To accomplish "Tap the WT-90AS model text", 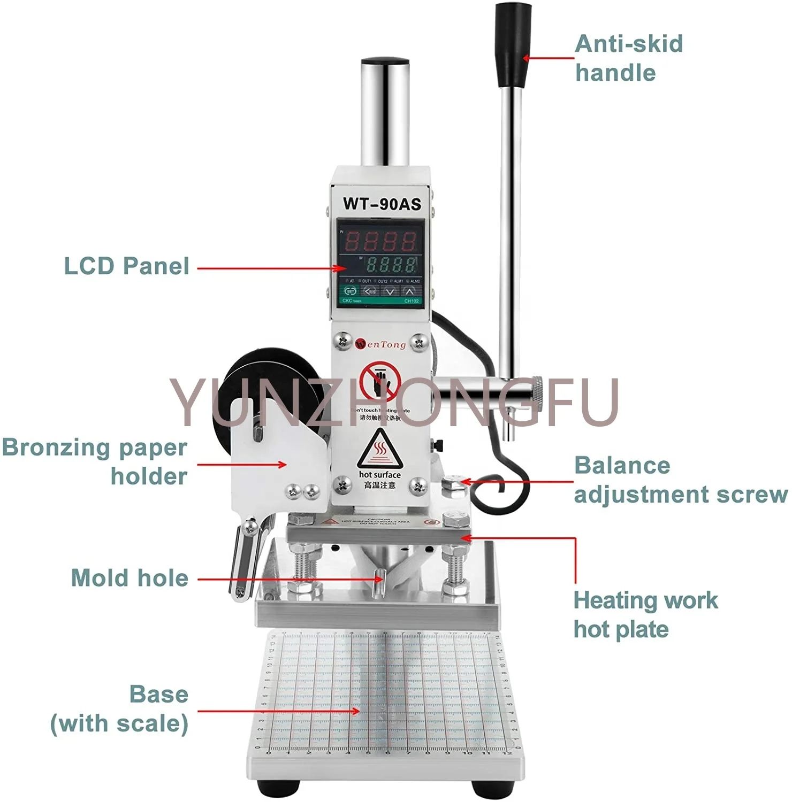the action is pyautogui.click(x=382, y=204).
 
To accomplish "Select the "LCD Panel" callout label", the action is pyautogui.click(x=127, y=266).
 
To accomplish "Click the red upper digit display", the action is pyautogui.click(x=380, y=242).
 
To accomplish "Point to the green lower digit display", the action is pyautogui.click(x=391, y=264).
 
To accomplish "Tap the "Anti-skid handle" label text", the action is pyautogui.click(x=628, y=58).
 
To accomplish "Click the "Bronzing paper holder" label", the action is pyautogui.click(x=95, y=461).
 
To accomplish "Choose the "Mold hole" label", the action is pyautogui.click(x=130, y=579).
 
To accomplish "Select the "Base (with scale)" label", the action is pyautogui.click(x=120, y=709).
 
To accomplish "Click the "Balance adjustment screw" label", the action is pyautogui.click(x=680, y=480).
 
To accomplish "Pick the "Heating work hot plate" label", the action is pyautogui.click(x=645, y=615).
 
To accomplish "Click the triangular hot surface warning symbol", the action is pyautogui.click(x=379, y=450).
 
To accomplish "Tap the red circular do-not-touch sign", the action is pyautogui.click(x=380, y=381).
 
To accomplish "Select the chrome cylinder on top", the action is pyautogui.click(x=385, y=112).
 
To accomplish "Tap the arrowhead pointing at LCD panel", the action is pyautogui.click(x=342, y=268).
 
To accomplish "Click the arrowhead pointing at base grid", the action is pyautogui.click(x=355, y=711).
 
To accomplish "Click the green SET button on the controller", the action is pyautogui.click(x=351, y=291).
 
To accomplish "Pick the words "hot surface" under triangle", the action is pyautogui.click(x=380, y=475).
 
